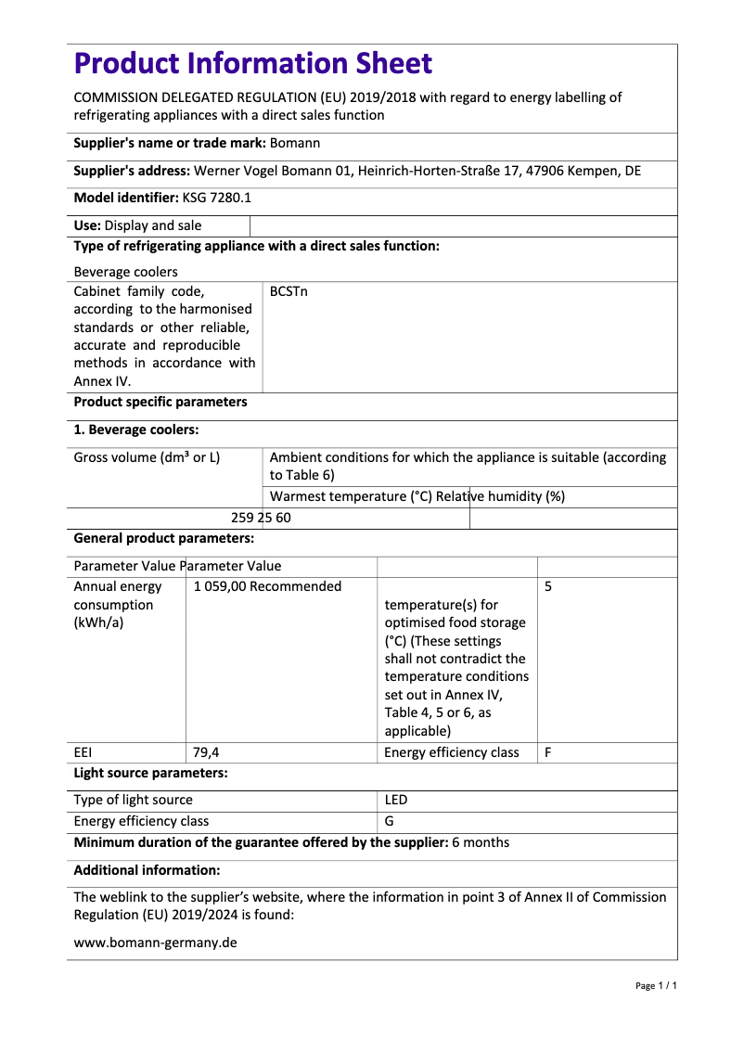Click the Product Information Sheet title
point(252,63)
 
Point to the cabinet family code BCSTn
point(289,291)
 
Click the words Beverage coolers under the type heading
point(125,272)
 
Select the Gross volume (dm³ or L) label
point(147,457)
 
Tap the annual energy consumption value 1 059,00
point(220,586)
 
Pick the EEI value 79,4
point(207,752)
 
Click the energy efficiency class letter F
point(548,752)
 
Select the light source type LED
point(396,800)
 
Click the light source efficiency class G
point(390,821)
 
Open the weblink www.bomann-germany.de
point(155,943)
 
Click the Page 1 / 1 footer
point(656,985)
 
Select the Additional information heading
point(147,870)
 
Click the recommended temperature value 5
point(548,586)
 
